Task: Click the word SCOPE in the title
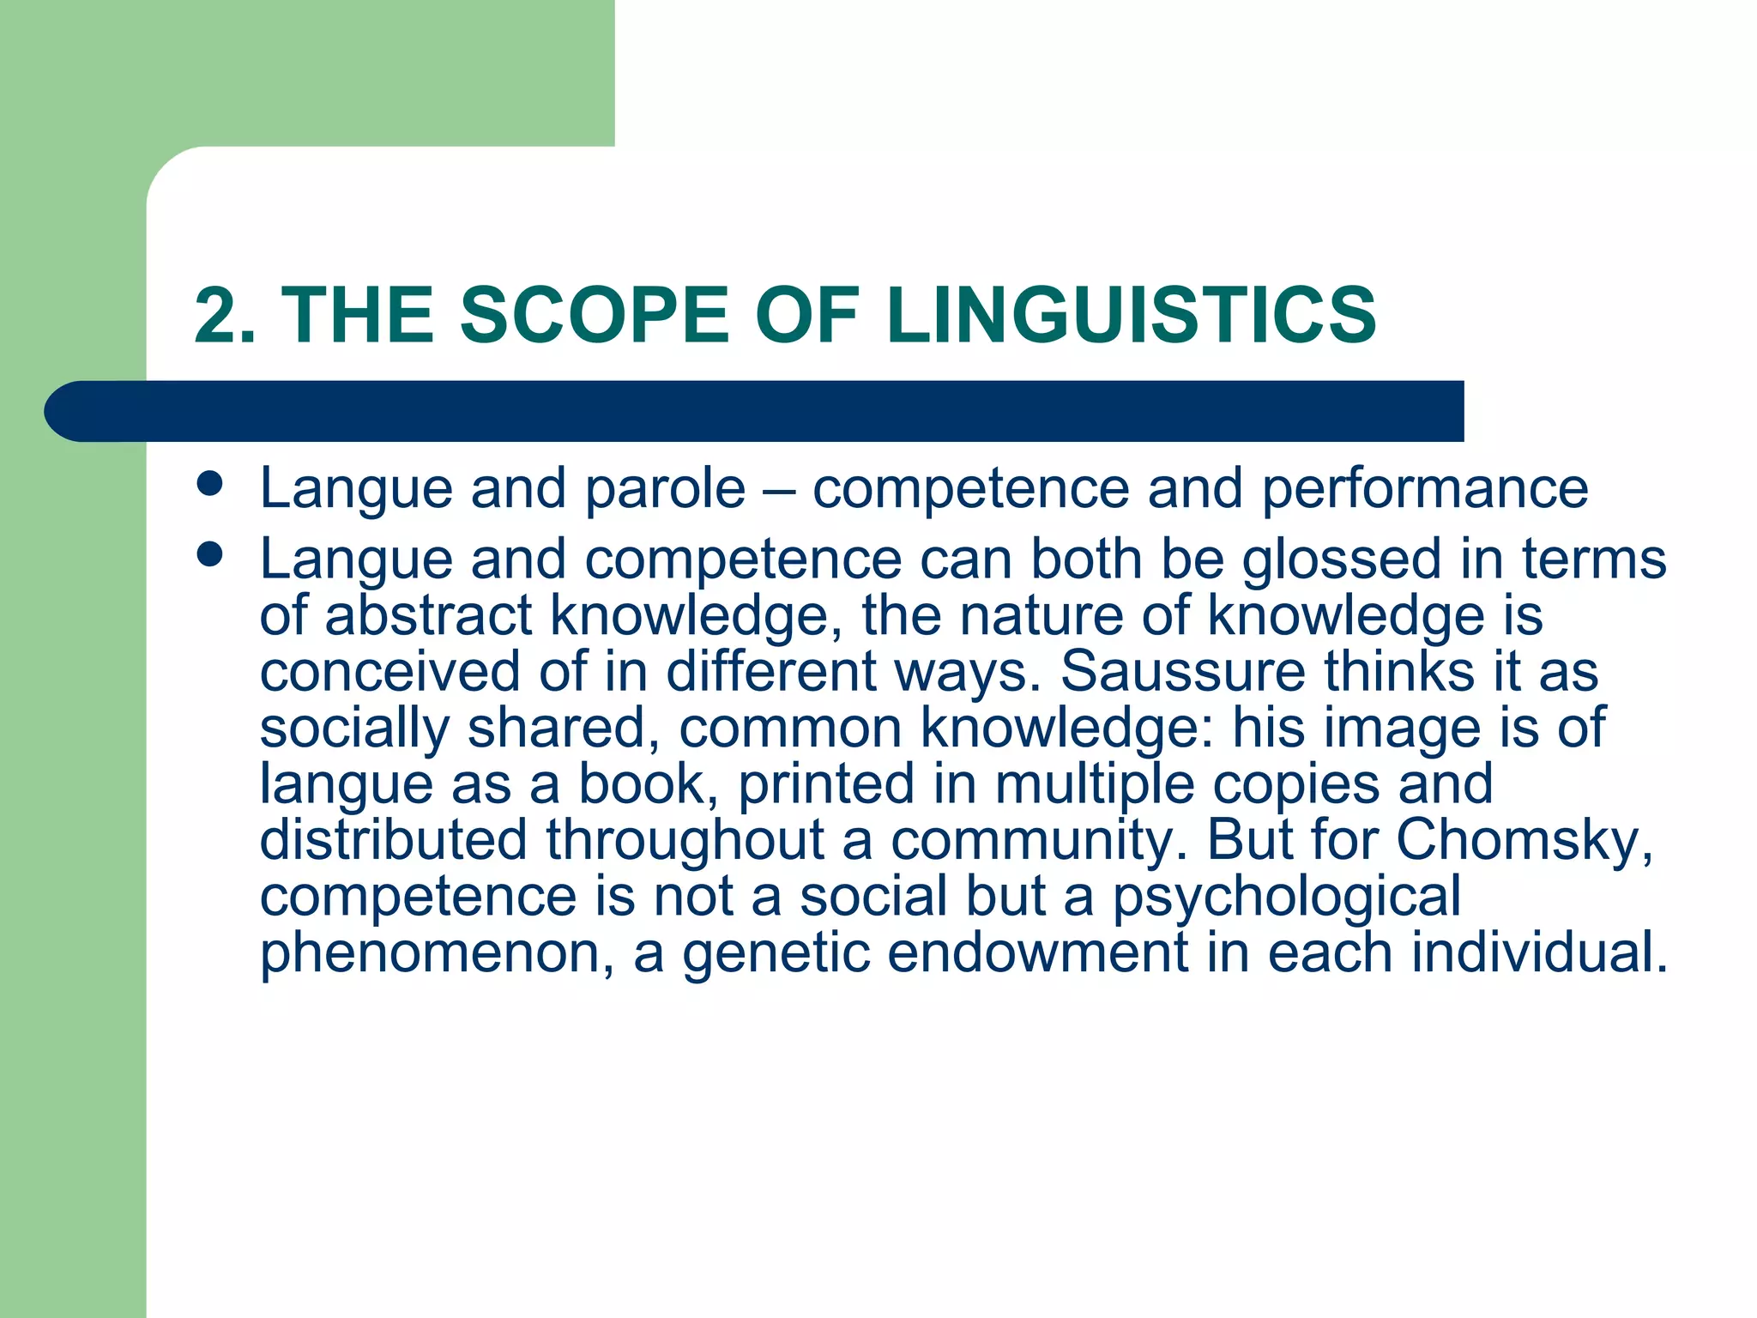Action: click(594, 315)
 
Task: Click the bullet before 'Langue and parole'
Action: click(209, 483)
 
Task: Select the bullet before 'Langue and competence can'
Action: click(209, 553)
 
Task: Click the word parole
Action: click(665, 489)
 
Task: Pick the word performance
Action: click(1424, 489)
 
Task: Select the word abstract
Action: click(428, 615)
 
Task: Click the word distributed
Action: click(393, 840)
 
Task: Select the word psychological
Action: click(1286, 897)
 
